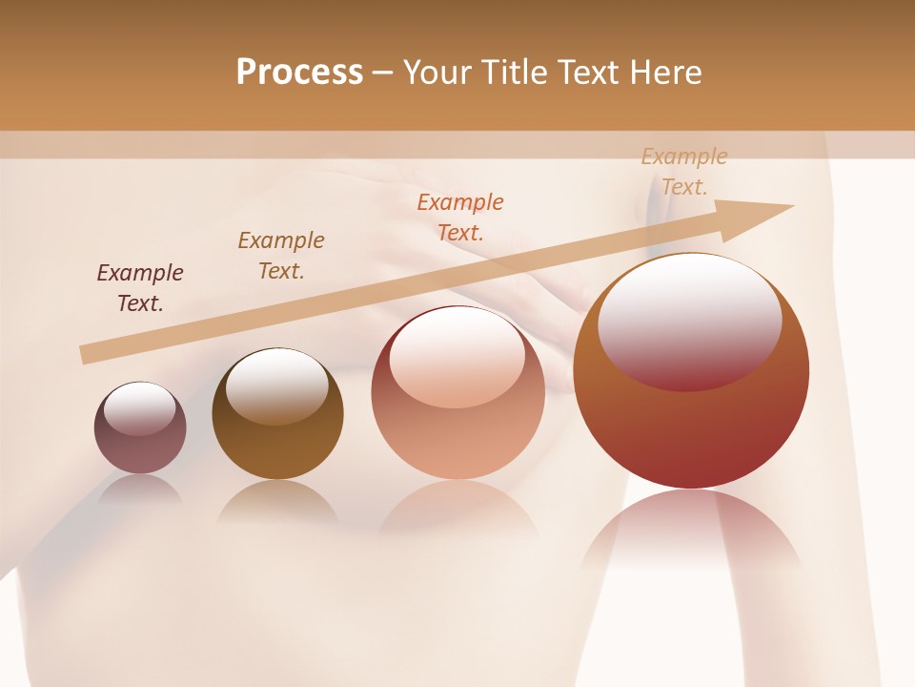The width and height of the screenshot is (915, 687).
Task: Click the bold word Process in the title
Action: tap(299, 73)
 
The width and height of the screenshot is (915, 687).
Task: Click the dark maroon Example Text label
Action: tap(140, 288)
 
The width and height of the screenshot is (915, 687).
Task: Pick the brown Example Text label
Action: tap(281, 256)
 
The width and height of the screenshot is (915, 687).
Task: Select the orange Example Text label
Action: tap(460, 217)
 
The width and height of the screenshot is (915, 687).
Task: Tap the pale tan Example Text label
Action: tap(684, 172)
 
